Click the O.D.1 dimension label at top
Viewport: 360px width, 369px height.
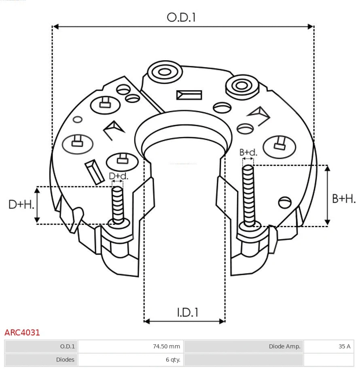(181, 17)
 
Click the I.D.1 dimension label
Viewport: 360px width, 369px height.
(187, 312)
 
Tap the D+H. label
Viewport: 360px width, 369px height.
(21, 205)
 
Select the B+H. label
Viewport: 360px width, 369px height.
(344, 198)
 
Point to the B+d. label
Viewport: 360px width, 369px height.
(248, 152)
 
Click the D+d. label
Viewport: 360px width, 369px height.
(118, 176)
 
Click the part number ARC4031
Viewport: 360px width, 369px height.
(22, 333)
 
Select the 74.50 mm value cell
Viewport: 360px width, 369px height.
(166, 346)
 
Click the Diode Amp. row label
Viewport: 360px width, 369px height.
(284, 346)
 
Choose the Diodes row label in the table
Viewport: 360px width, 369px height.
(65, 359)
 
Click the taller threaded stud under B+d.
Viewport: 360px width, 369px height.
(248, 196)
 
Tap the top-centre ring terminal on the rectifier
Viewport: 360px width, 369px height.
(165, 73)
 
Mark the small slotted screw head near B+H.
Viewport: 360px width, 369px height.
(285, 202)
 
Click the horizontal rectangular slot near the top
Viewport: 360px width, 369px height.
(189, 95)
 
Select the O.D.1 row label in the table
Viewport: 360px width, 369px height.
(68, 346)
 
